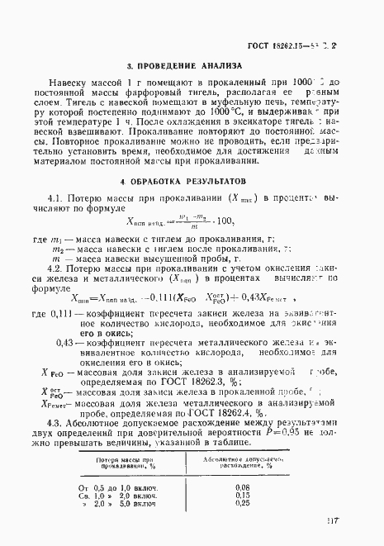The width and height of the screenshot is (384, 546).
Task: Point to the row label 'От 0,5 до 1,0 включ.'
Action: pyautogui.click(x=117, y=487)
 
